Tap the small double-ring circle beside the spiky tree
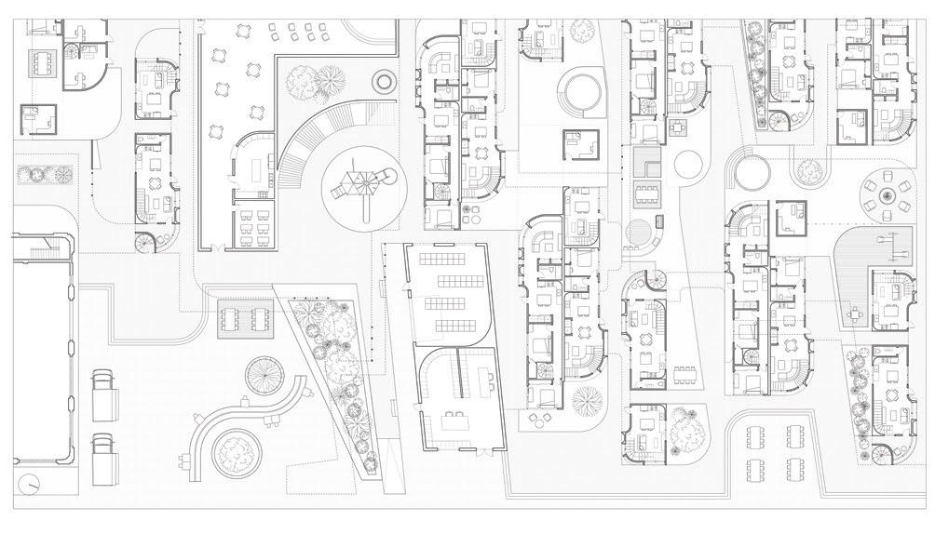(383, 80)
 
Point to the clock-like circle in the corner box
(32, 484)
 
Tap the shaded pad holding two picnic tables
(246, 317)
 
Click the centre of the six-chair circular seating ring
(886, 194)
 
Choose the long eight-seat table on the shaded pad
(645, 196)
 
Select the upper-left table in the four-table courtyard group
(756, 434)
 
